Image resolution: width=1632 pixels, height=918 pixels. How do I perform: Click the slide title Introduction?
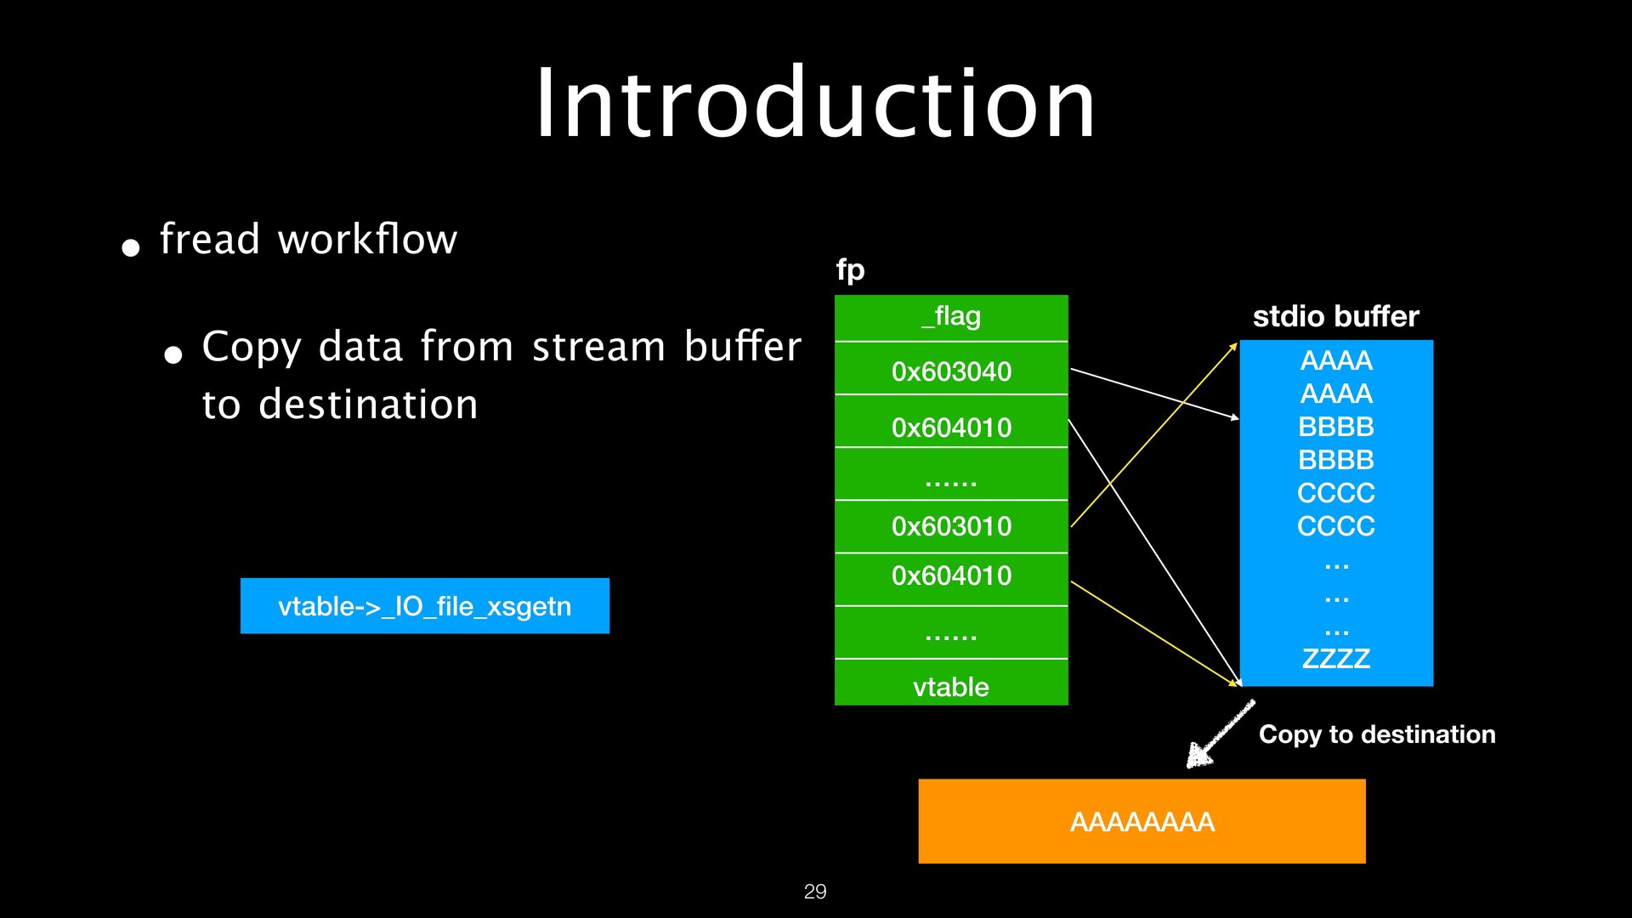814,104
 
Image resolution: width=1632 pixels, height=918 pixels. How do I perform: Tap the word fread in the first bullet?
209,239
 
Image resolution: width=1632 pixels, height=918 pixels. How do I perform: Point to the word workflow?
367,239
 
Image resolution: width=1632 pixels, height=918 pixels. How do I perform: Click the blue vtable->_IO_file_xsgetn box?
424,606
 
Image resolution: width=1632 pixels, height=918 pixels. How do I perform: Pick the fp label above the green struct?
850,270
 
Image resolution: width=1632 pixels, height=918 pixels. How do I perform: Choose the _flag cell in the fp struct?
951,317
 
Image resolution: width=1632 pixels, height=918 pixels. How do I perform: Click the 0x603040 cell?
951,371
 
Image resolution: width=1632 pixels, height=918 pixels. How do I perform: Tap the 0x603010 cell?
951,526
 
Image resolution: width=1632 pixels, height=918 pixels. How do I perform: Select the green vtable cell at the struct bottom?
951,686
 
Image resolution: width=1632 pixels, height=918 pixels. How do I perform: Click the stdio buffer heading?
1335,316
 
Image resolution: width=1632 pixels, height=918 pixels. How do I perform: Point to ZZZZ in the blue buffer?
1335,659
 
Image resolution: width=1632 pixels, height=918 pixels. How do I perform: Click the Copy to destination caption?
1376,734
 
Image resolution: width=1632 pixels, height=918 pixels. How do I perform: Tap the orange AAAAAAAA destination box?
1142,821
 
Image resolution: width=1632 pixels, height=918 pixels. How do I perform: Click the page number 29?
814,892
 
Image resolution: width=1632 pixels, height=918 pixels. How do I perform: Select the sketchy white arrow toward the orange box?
1220,734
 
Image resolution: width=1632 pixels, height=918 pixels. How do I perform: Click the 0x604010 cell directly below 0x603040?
951,427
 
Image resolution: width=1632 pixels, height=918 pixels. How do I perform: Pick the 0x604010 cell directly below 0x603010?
951,576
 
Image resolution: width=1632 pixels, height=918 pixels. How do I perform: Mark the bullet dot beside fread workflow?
131,247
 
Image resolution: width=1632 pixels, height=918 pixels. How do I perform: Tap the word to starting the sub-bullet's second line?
221,405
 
